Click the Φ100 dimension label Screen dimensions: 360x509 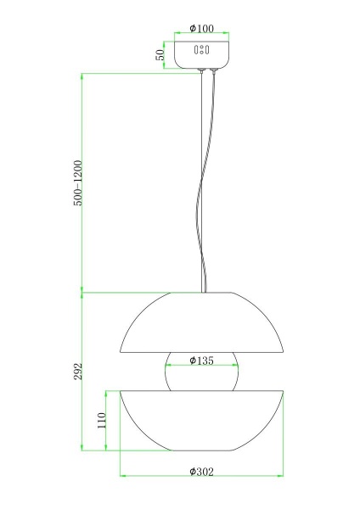click(x=202, y=29)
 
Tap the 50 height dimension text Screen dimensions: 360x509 click(x=160, y=55)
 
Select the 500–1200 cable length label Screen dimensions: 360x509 click(x=78, y=183)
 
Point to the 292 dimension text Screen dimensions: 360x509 click(x=78, y=372)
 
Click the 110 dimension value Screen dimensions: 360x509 click(x=102, y=421)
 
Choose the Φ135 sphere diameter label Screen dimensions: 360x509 click(x=202, y=361)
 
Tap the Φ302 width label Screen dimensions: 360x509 click(x=202, y=472)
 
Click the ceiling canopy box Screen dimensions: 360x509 click(x=201, y=54)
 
